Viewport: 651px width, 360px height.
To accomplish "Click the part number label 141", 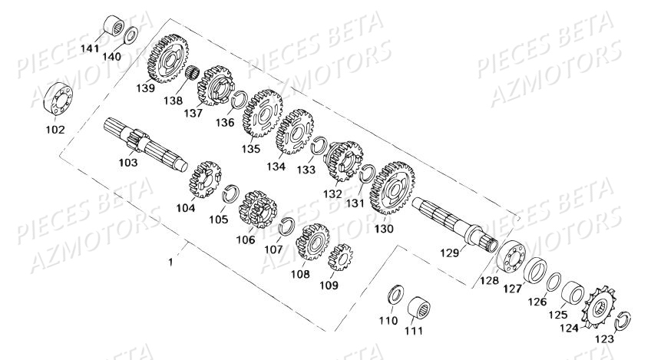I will (x=113, y=47).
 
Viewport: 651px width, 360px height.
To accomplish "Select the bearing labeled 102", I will (x=56, y=100).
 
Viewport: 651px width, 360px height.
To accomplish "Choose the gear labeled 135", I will (x=262, y=112).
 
